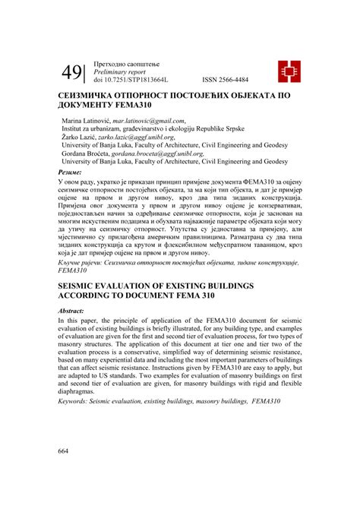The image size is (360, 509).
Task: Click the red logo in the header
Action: (x=287, y=71)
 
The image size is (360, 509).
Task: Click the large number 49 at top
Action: (x=73, y=72)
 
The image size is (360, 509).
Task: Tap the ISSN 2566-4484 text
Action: (x=230, y=79)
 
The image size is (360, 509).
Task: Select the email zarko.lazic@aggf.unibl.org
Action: (x=137, y=138)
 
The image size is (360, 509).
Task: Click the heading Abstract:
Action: (x=74, y=311)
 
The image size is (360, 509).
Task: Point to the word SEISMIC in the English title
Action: (x=83, y=284)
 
